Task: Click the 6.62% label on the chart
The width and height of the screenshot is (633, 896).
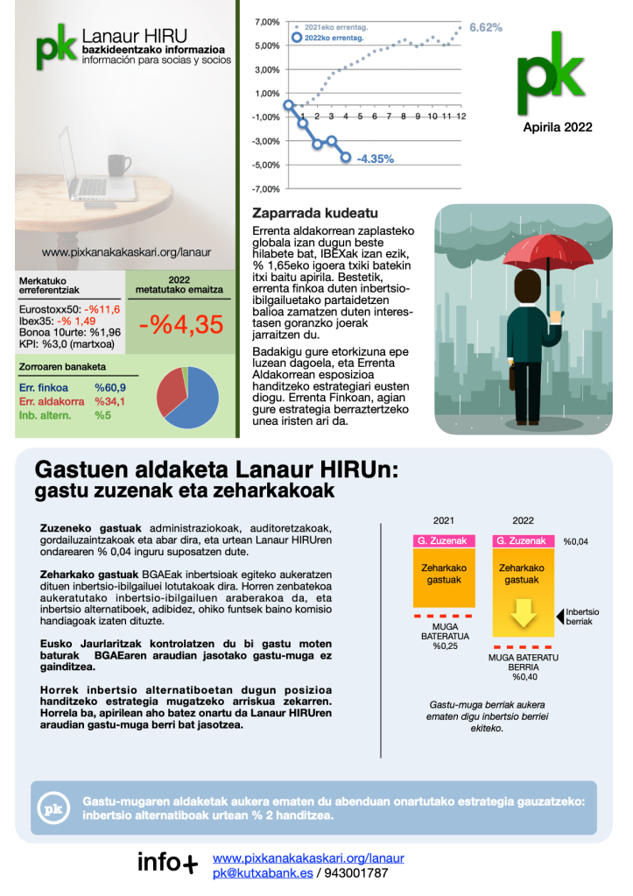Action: point(485,28)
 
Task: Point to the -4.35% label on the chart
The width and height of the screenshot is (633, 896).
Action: point(375,159)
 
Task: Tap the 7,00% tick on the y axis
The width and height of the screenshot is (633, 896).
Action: point(266,22)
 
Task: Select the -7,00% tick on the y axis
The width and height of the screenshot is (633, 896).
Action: point(265,189)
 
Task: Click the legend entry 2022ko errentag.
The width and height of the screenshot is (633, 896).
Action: point(333,38)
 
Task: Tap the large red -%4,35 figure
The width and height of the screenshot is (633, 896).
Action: point(181,323)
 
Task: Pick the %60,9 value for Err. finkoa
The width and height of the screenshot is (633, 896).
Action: point(110,387)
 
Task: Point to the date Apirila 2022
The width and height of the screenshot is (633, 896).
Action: point(558,127)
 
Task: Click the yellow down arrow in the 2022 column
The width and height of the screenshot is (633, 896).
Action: point(524,612)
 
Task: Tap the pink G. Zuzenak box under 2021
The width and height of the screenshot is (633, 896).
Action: point(444,541)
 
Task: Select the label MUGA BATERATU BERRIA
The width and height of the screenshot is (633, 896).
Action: point(523,660)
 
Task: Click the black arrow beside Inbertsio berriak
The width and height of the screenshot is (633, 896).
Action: point(558,617)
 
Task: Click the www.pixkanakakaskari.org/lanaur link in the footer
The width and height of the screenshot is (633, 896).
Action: point(308,857)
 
